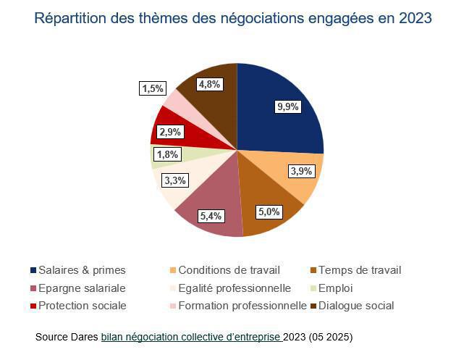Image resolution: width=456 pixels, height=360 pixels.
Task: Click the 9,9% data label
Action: click(287, 106)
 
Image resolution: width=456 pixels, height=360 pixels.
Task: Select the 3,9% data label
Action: click(302, 171)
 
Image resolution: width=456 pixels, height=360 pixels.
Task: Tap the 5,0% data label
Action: click(269, 212)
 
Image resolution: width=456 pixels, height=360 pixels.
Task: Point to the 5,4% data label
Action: click(210, 215)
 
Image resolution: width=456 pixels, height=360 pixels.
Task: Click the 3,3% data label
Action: click(174, 180)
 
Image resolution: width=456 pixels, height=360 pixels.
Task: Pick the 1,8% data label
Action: click(168, 154)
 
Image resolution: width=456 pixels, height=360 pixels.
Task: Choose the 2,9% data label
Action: click(171, 133)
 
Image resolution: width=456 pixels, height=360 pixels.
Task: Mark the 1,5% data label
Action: click(152, 88)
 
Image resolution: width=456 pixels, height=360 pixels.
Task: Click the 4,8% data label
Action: click(208, 84)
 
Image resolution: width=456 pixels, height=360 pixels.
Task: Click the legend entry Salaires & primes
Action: click(82, 270)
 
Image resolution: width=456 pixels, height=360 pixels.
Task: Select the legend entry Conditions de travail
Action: click(229, 270)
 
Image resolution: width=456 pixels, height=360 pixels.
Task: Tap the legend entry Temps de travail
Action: click(360, 270)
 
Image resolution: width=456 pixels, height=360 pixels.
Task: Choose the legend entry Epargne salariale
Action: click(82, 288)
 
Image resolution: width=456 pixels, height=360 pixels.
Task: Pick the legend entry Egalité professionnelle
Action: click(234, 288)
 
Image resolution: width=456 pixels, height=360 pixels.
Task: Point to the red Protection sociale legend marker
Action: click(33, 306)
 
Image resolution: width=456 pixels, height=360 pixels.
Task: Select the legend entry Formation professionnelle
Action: click(242, 306)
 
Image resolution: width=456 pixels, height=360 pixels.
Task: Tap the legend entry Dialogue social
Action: click(355, 306)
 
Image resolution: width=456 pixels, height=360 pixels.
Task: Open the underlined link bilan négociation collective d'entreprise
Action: click(191, 338)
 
